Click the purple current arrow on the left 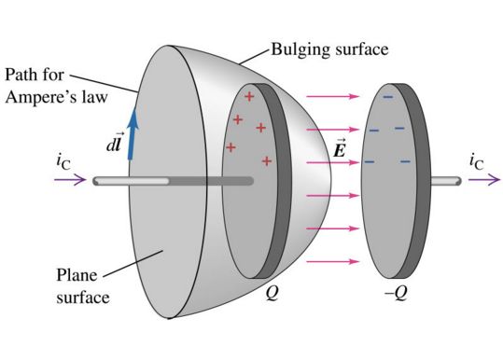pyautogui.click(x=71, y=180)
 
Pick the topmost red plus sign pyautogui.click(x=248, y=97)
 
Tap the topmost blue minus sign pyautogui.click(x=387, y=96)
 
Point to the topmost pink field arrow pyautogui.click(x=333, y=95)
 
